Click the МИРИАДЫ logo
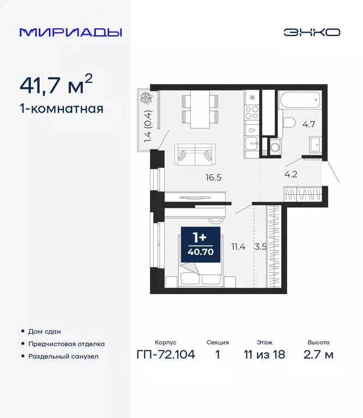tap(70, 32)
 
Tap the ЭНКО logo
tap(311, 32)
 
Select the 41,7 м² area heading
tap(56, 85)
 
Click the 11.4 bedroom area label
tap(238, 247)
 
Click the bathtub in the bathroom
tap(300, 100)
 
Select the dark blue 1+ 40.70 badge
tap(200, 244)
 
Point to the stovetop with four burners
tap(252, 113)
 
